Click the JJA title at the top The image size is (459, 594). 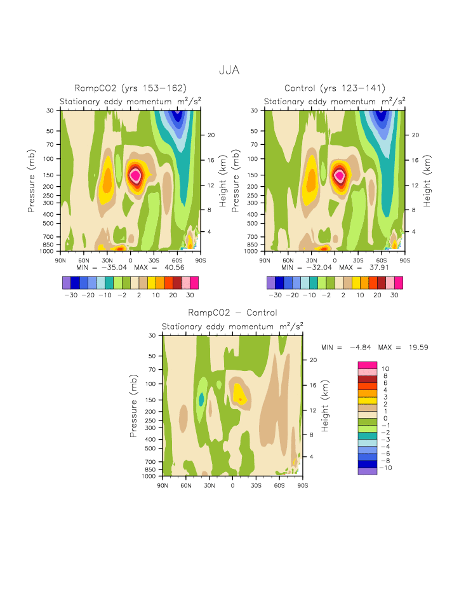229,70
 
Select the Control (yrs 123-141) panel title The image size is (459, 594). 335,88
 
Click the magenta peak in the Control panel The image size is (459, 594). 339,175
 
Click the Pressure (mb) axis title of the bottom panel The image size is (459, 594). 134,405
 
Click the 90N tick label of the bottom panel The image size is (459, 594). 163,485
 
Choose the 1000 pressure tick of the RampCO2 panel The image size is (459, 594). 50,252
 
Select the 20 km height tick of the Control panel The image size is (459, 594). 413,135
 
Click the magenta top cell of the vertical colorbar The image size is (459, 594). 368,364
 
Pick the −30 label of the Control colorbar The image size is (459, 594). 275,295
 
